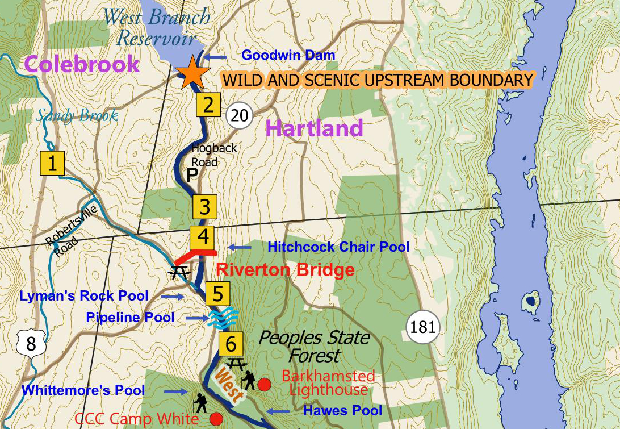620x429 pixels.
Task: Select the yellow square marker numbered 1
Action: click(52, 164)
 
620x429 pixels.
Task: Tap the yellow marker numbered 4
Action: click(203, 236)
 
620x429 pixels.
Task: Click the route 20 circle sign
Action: click(240, 116)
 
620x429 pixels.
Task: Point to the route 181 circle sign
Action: click(423, 327)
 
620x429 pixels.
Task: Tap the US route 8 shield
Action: click(31, 343)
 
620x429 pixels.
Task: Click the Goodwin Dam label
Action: click(288, 56)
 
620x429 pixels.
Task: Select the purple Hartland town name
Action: click(314, 128)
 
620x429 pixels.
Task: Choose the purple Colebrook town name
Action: click(82, 64)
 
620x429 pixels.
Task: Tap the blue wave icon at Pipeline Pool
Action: click(221, 318)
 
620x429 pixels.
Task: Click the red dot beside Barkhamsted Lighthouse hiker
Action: click(263, 385)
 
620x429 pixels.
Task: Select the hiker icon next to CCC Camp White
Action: click(200, 402)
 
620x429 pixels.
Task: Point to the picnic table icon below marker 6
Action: click(235, 362)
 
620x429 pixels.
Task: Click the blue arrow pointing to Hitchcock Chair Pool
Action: click(239, 247)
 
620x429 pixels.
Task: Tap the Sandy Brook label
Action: click(77, 116)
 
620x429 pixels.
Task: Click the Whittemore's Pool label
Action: click(83, 391)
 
